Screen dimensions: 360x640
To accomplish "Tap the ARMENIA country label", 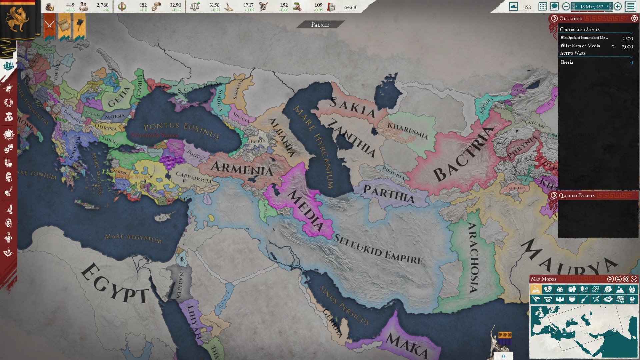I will tap(242, 169).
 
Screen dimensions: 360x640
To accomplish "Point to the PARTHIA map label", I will tap(389, 193).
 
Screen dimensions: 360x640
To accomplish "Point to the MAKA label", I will tap(407, 345).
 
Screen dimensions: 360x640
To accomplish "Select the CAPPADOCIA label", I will tap(194, 177).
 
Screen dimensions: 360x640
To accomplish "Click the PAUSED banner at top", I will tap(320, 25).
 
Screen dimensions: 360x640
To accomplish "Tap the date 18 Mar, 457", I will tap(591, 7).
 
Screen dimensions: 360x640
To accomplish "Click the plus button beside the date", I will tap(618, 6).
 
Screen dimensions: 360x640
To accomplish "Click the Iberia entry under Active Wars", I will tap(567, 62).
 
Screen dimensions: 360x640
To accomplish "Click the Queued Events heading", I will tap(576, 195).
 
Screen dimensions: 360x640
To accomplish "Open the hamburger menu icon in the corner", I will tap(631, 6).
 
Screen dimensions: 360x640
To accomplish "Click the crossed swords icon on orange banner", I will tap(50, 25).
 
